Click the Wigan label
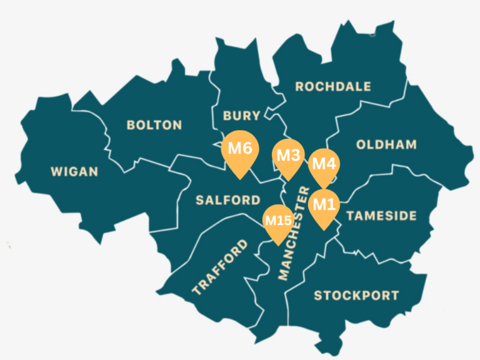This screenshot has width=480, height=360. point(74,171)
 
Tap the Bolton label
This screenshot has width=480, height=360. point(154,125)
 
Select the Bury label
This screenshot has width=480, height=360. point(241,116)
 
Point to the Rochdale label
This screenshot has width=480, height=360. point(333,86)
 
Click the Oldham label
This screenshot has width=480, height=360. point(386,145)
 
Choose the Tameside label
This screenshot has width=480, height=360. point(381,216)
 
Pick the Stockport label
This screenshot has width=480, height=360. point(356,296)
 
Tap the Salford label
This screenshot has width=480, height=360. point(228,201)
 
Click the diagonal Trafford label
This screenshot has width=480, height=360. point(216,267)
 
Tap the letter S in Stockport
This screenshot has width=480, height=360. point(318,296)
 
